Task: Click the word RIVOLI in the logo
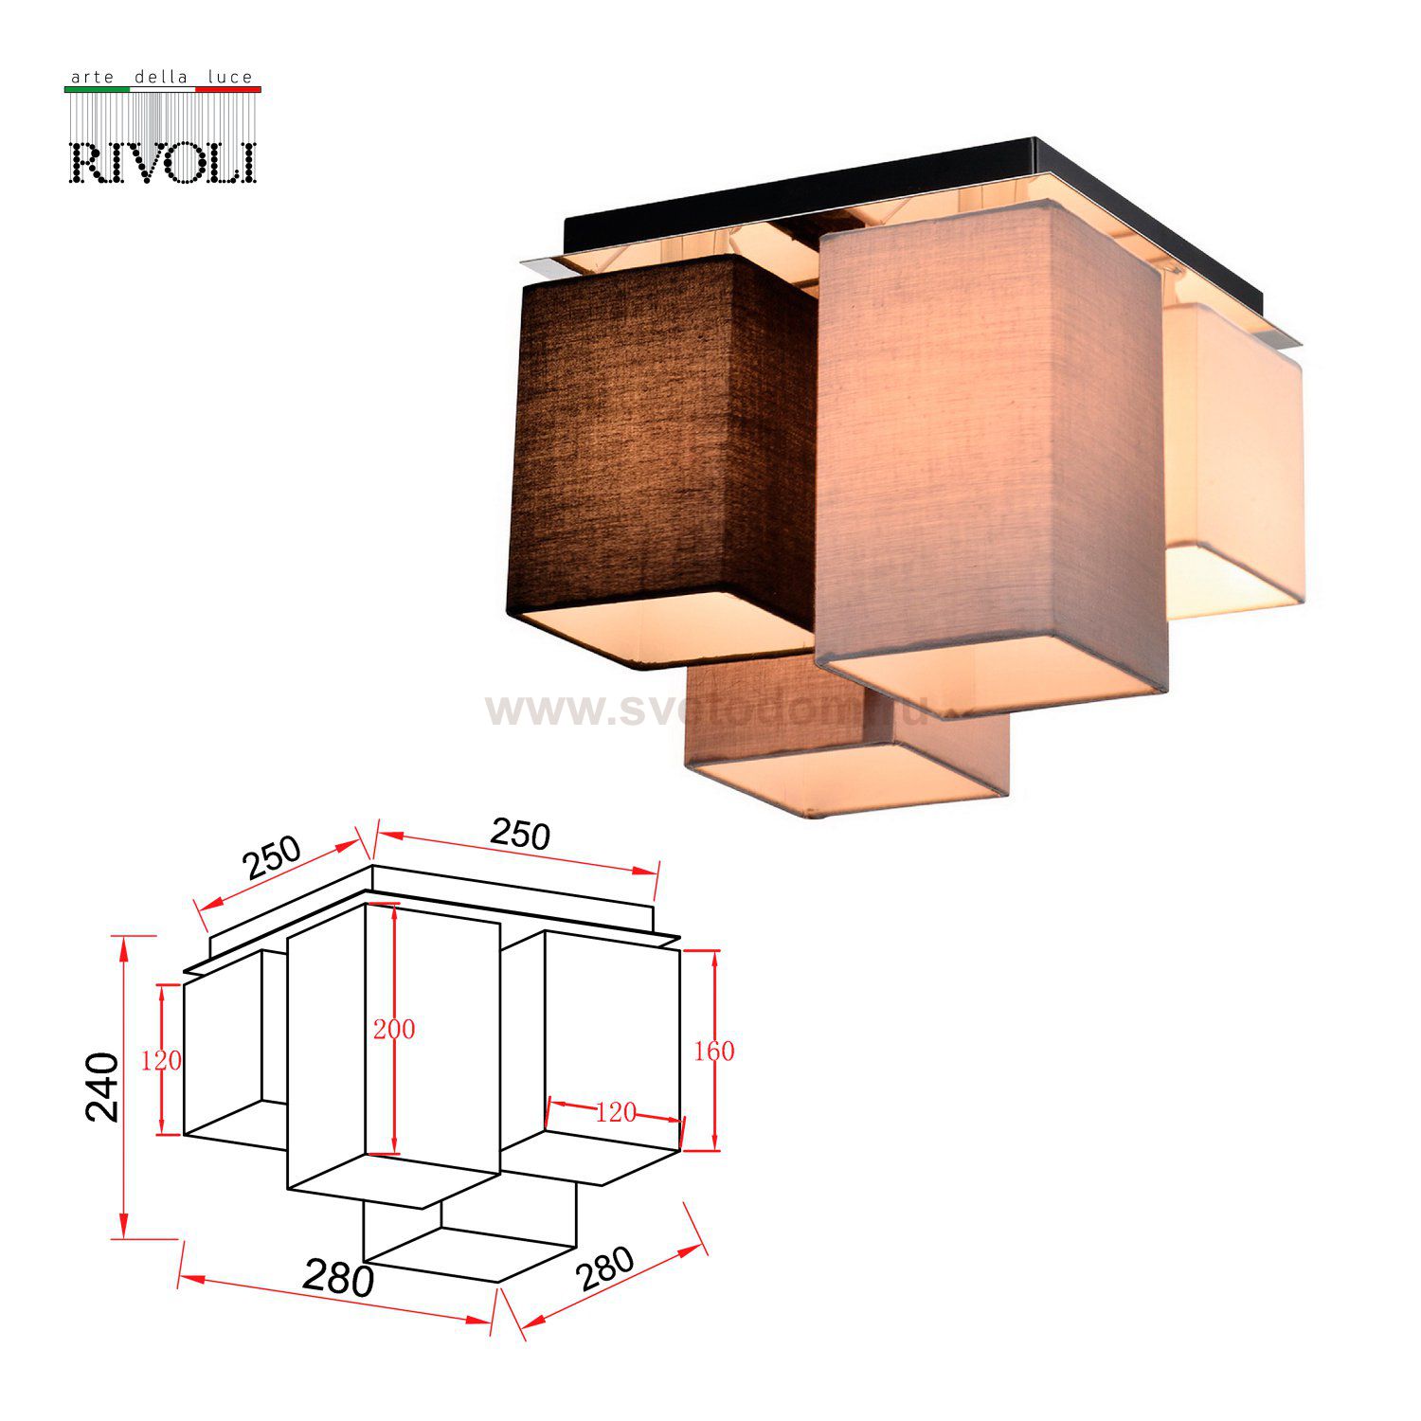[163, 162]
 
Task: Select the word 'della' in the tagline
[161, 77]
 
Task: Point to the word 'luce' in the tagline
[229, 77]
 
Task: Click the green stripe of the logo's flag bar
[96, 89]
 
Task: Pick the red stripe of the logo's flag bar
[227, 89]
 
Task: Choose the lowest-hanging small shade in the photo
[843, 748]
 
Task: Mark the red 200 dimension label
[393, 1029]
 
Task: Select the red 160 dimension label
[713, 1051]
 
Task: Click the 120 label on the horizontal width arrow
[616, 1112]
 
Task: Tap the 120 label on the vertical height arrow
[161, 1061]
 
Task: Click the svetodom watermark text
[720, 709]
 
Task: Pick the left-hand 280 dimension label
[338, 1280]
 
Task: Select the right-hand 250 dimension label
[520, 834]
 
